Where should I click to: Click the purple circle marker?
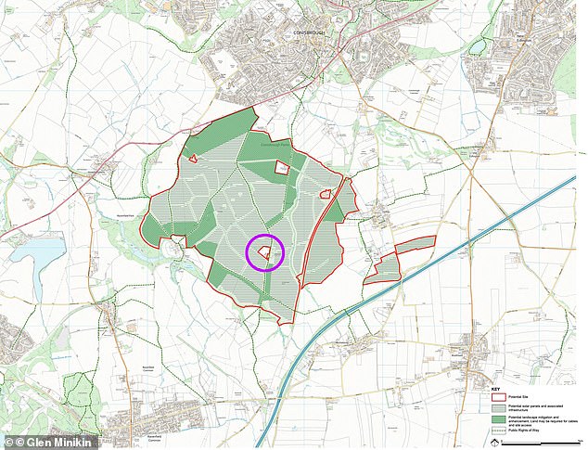point(264,251)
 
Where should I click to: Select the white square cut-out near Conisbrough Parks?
point(283,167)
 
